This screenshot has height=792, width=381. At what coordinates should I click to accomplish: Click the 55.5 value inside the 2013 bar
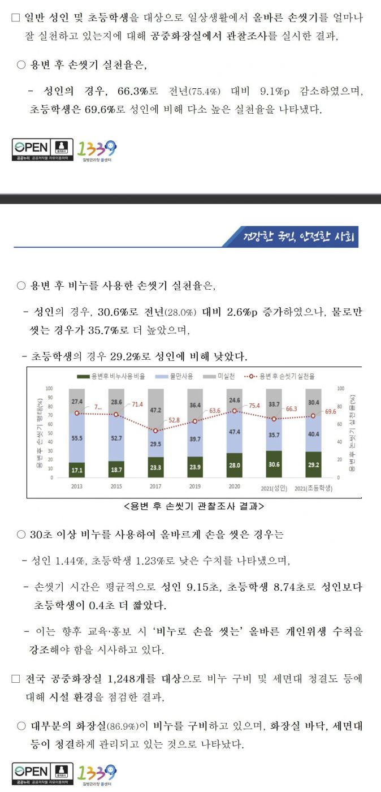click(x=77, y=438)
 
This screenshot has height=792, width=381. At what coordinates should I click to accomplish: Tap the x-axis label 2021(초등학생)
click(x=313, y=488)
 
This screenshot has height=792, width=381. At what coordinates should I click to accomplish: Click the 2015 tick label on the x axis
click(x=116, y=487)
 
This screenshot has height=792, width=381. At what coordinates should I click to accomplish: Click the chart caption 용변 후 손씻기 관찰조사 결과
click(x=193, y=507)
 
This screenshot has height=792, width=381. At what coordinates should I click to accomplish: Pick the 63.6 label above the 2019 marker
click(x=214, y=411)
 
